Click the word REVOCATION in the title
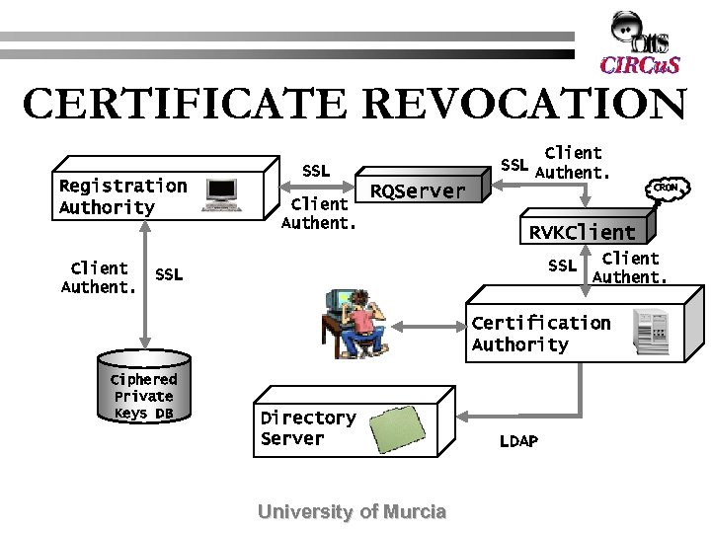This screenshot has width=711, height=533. [x=524, y=105]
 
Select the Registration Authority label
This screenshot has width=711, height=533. [x=122, y=196]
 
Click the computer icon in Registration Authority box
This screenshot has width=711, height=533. [x=222, y=194]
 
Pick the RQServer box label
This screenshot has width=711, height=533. [x=417, y=191]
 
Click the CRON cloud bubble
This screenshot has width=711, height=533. [x=669, y=185]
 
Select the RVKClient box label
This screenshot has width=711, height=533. [x=582, y=233]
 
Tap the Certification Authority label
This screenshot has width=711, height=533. [x=540, y=334]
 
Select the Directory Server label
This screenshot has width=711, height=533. [x=307, y=428]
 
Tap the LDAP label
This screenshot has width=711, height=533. [x=518, y=441]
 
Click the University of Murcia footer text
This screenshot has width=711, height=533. [x=352, y=511]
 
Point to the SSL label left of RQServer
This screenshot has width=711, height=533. [x=316, y=171]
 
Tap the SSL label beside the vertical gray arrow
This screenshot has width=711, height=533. [x=169, y=274]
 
